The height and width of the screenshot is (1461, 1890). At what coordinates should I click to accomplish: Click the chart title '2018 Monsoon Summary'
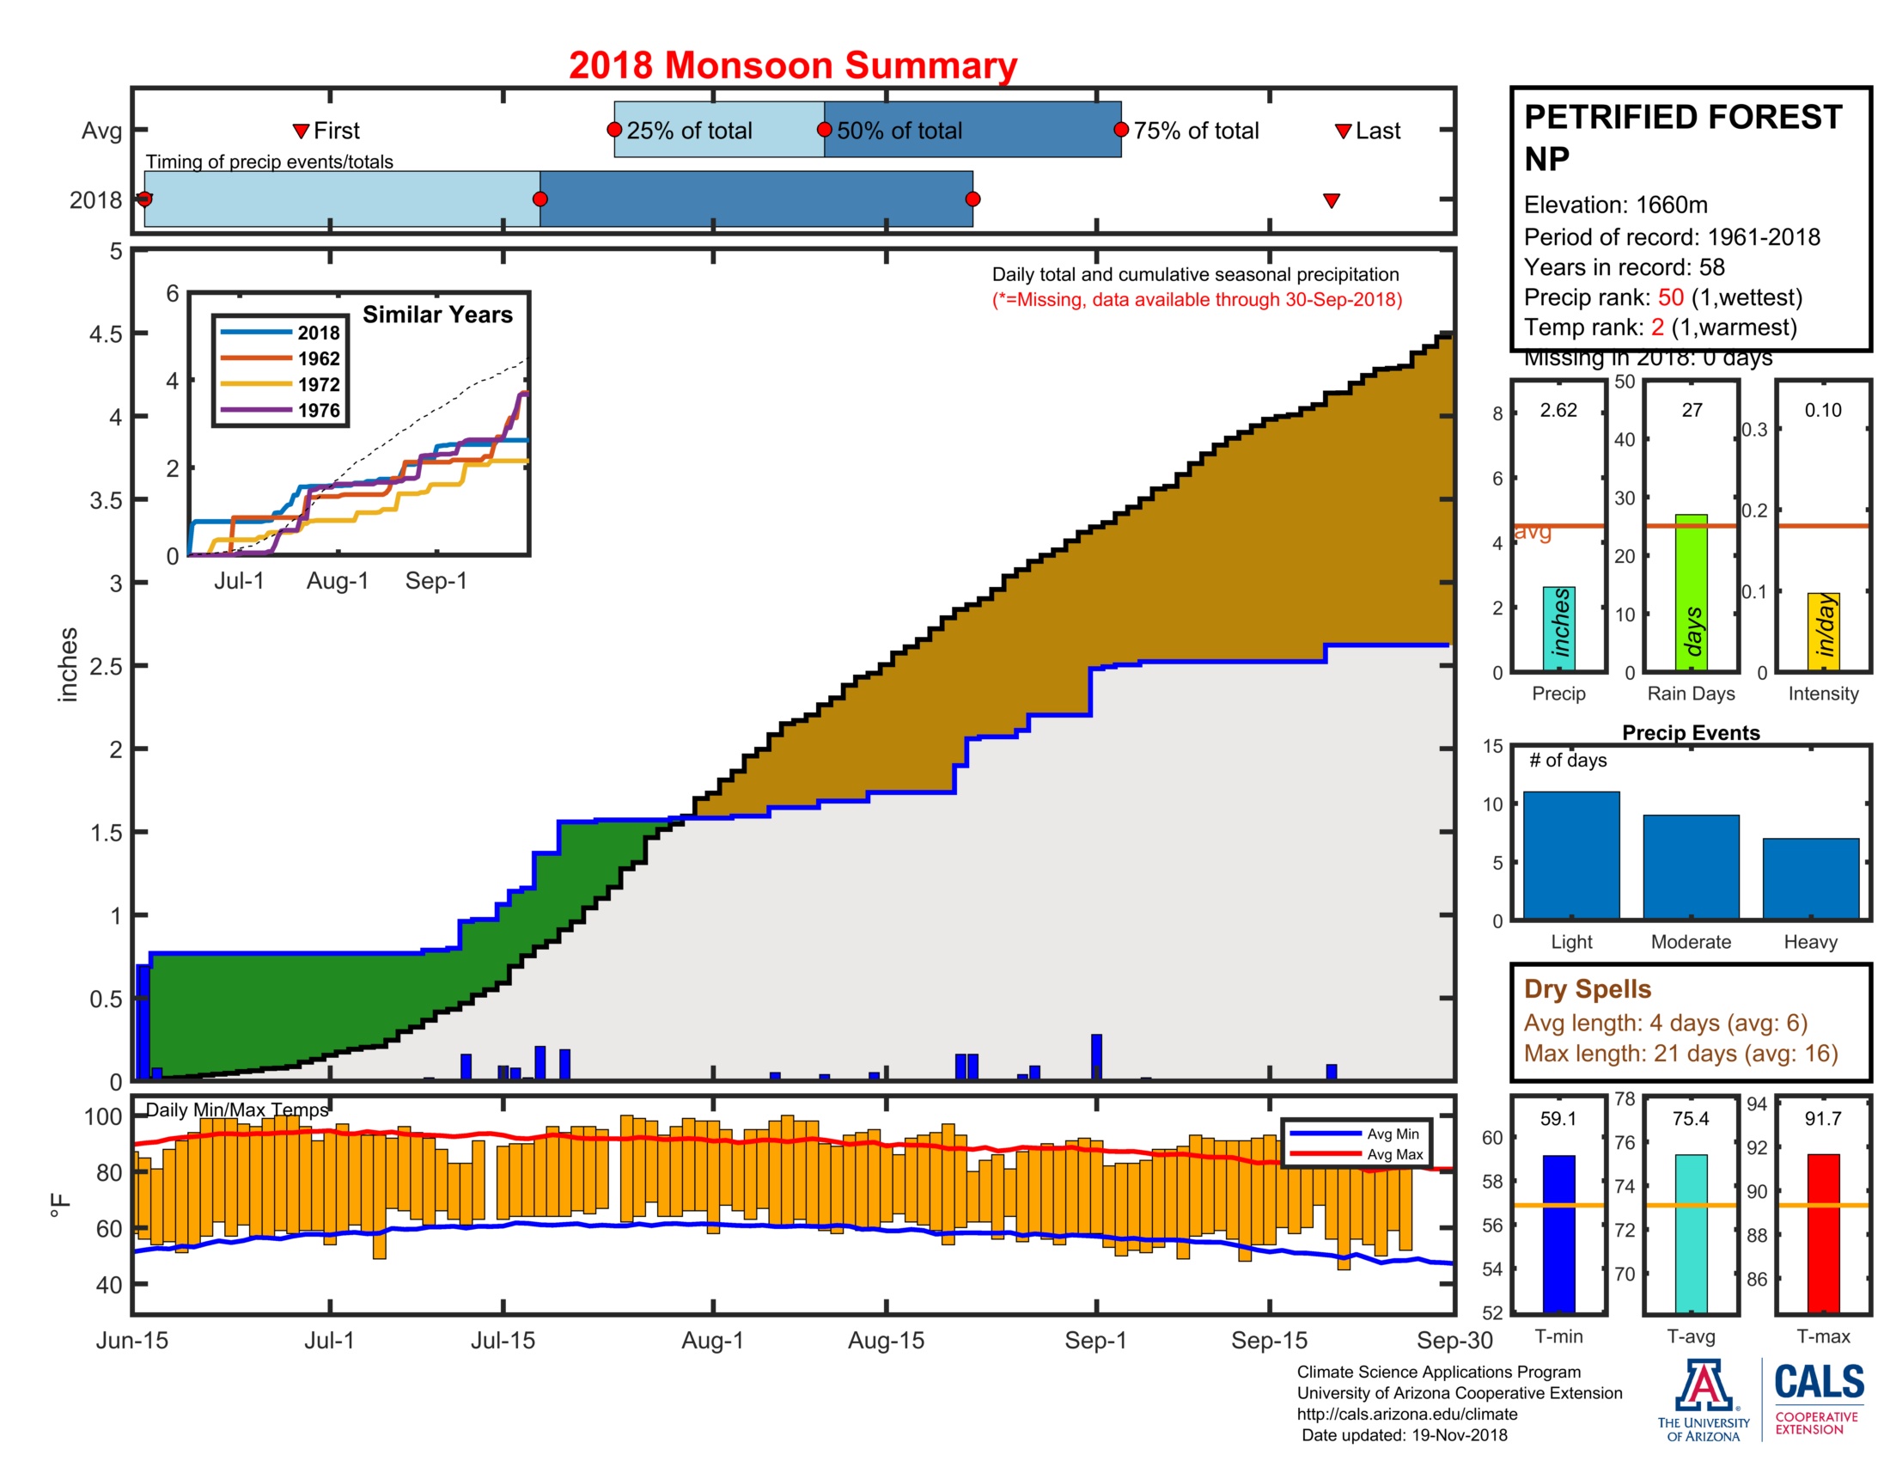pos(792,65)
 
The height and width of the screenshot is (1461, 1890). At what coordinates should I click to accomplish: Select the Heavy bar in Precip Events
pos(1809,877)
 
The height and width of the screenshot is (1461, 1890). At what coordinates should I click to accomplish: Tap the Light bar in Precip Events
pos(1570,854)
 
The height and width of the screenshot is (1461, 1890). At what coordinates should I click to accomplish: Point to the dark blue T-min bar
pos(1558,1232)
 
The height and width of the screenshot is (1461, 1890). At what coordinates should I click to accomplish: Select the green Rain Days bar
pos(1691,592)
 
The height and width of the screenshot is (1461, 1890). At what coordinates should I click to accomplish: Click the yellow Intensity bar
pos(1822,631)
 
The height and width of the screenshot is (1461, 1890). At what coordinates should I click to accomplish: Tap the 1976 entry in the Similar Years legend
pos(319,410)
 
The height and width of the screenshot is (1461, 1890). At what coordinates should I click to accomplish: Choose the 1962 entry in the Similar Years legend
pos(319,358)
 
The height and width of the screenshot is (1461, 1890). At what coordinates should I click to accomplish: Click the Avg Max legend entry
pos(1394,1153)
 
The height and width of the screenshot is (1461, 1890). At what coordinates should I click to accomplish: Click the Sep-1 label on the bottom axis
pos(1095,1340)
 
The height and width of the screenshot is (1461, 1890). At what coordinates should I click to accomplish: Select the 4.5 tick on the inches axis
pos(107,334)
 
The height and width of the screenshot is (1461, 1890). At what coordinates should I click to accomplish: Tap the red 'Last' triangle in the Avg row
pos(1343,131)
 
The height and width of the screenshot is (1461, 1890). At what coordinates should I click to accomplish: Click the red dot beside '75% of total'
pos(1120,130)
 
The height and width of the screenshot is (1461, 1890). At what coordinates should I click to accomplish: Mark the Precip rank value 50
pos(1670,296)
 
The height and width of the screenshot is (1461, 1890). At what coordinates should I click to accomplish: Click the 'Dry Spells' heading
pos(1587,988)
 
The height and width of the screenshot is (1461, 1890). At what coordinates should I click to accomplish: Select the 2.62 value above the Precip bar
pos(1558,410)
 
